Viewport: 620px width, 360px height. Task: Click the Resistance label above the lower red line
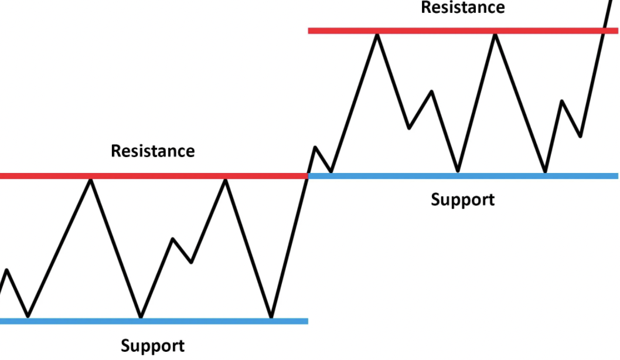click(x=152, y=151)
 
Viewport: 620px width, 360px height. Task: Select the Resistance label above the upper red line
click(x=462, y=8)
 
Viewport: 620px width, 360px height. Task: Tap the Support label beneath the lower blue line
click(x=152, y=346)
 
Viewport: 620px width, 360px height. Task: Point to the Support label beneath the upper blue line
click(x=462, y=199)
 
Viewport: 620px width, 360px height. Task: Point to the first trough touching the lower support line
click(x=28, y=317)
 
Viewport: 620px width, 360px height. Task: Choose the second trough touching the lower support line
click(x=141, y=317)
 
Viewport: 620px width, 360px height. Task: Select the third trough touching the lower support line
click(x=271, y=317)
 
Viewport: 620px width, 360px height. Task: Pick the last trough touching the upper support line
click(x=545, y=172)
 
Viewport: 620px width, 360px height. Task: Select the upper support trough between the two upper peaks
click(x=458, y=172)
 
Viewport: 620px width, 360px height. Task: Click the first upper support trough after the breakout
click(x=331, y=172)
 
